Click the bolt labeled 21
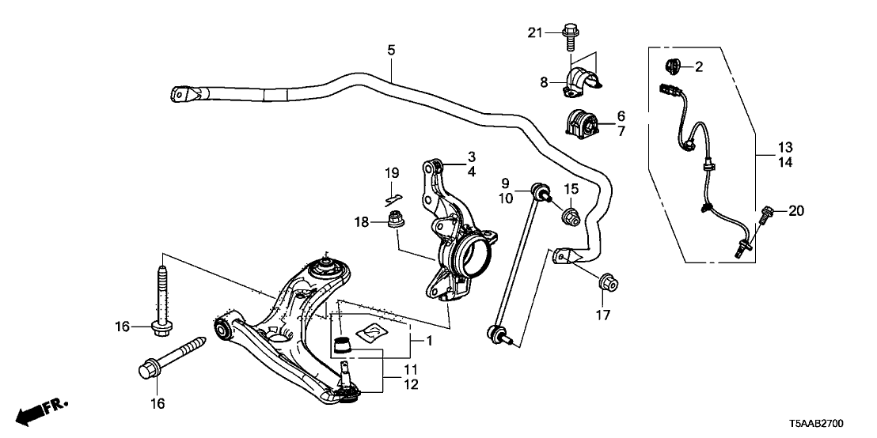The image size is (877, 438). pyautogui.click(x=569, y=36)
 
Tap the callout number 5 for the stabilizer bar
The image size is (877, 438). pyautogui.click(x=391, y=51)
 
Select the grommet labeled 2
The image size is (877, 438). pyautogui.click(x=673, y=66)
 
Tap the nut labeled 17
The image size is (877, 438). pyautogui.click(x=608, y=283)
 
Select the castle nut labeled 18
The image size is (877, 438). pyautogui.click(x=397, y=220)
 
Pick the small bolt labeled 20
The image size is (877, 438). pyautogui.click(x=765, y=213)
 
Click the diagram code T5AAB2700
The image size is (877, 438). pyautogui.click(x=817, y=424)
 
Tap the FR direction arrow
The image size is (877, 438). pyautogui.click(x=40, y=411)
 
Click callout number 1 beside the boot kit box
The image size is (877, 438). pyautogui.click(x=429, y=340)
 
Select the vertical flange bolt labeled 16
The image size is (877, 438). pyautogui.click(x=161, y=298)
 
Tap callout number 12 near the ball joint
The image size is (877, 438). pyautogui.click(x=411, y=384)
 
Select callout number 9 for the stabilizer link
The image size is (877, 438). pyautogui.click(x=505, y=183)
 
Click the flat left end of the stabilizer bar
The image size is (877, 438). pyautogui.click(x=183, y=93)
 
